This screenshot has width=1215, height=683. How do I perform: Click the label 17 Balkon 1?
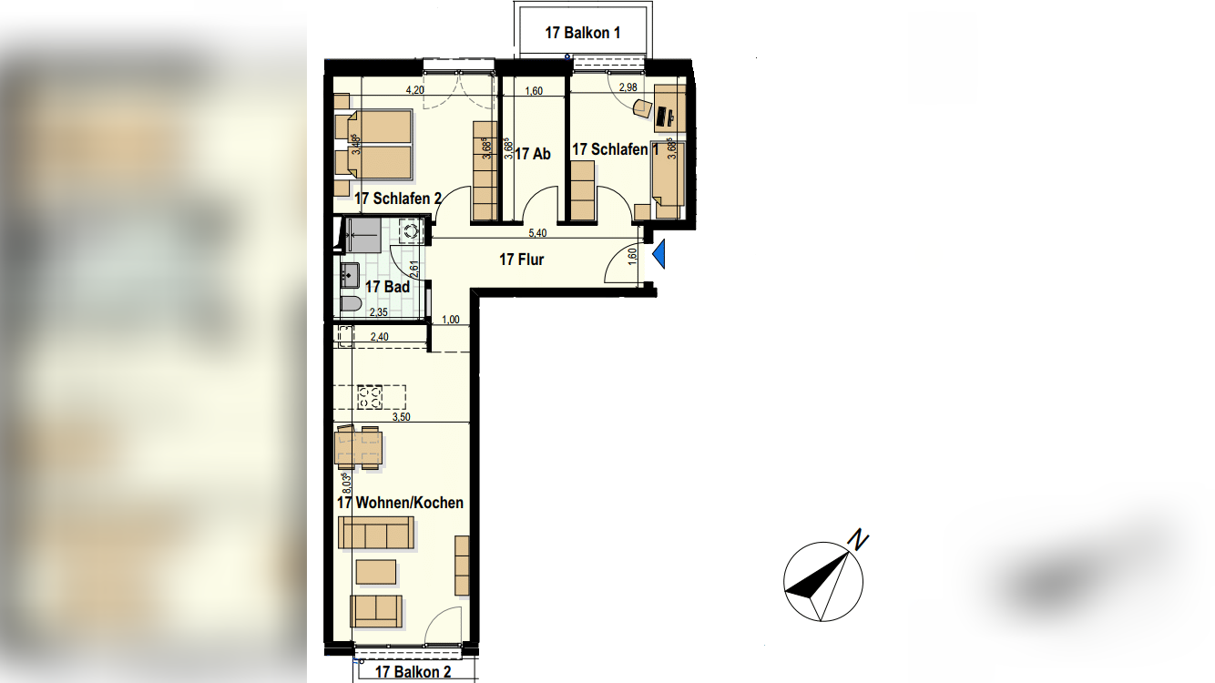[583, 33]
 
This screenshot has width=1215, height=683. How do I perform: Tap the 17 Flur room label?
[521, 260]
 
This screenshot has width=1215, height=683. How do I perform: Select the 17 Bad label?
[387, 287]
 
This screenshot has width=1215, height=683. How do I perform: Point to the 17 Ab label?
[532, 154]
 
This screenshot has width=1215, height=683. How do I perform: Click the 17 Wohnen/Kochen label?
[401, 503]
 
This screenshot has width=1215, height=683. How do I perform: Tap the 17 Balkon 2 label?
[413, 671]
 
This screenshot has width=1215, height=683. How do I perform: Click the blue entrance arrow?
[659, 255]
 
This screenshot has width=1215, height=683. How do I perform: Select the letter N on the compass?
[858, 540]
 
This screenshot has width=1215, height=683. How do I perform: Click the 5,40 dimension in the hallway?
[537, 233]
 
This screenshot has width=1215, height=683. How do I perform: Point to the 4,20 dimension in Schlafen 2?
[415, 90]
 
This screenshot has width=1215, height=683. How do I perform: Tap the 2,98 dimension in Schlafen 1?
[628, 87]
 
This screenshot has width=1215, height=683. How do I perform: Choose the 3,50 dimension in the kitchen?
[402, 417]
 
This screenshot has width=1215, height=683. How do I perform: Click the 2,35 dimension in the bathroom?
[379, 312]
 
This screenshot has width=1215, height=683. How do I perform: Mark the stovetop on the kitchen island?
[370, 397]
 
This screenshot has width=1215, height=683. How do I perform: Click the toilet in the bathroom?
[351, 305]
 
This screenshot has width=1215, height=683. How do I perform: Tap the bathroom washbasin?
[350, 276]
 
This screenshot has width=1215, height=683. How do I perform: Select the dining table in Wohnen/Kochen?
[360, 447]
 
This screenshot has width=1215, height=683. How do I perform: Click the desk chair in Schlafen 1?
[642, 108]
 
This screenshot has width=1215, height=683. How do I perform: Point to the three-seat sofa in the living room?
[375, 532]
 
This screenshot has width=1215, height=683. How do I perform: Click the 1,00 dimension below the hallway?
[451, 320]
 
